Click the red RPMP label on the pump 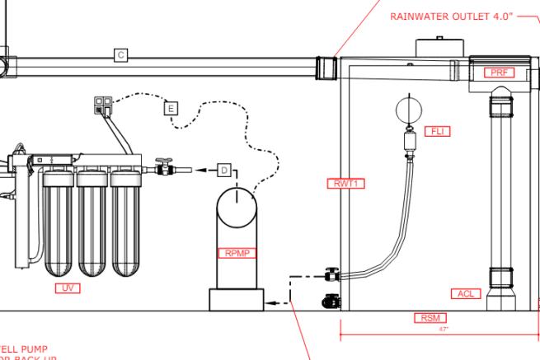coord(237,253)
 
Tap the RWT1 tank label coord(345,183)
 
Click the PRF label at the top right coord(500,72)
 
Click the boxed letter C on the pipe coord(121,55)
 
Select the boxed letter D coord(224,170)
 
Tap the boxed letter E coord(171,107)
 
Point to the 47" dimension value coord(443,329)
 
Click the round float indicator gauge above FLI coord(408,110)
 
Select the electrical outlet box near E coord(104,104)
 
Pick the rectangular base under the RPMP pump coord(236,300)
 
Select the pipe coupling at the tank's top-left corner coord(326,68)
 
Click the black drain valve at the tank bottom coord(332,302)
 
